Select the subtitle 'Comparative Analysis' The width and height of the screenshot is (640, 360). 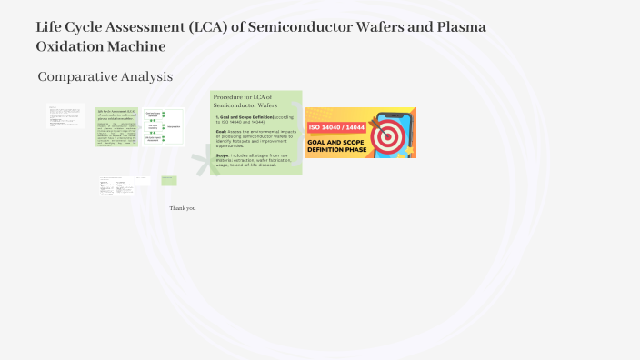pos(105,77)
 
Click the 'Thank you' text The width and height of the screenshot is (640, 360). pos(183,208)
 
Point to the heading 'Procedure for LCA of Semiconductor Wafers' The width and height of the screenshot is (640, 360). pos(243,101)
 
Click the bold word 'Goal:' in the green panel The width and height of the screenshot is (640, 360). pos(222,131)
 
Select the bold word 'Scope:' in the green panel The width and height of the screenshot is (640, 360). pos(223,155)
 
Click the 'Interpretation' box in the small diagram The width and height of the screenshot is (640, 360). pos(175,127)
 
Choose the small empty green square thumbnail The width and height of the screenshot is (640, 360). pos(169,181)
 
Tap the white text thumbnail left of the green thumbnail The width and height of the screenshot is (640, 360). pos(65,115)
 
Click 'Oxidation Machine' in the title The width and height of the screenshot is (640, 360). pos(101,46)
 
